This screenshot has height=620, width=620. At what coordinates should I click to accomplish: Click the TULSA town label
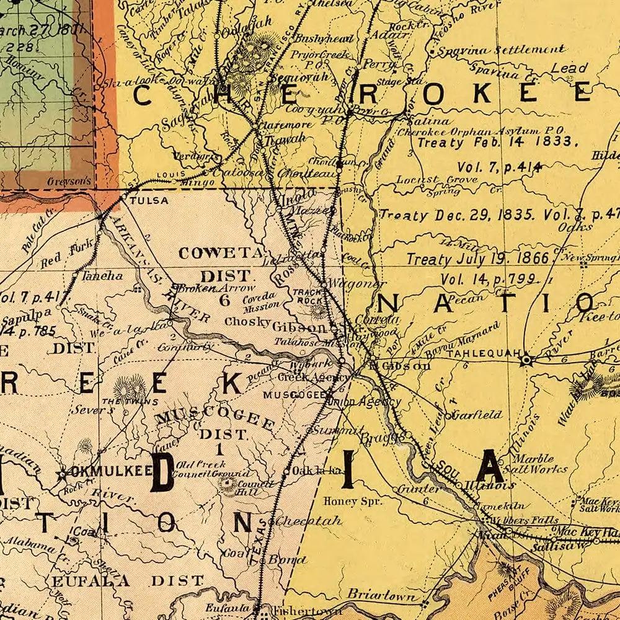149,200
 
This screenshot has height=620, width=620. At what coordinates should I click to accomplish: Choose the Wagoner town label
352,283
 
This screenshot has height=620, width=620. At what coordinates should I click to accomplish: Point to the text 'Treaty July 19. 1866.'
477,259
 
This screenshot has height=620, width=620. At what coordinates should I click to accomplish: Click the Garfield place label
477,414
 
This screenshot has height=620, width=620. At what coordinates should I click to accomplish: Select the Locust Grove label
437,180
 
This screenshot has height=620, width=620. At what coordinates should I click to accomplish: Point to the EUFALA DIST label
127,581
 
